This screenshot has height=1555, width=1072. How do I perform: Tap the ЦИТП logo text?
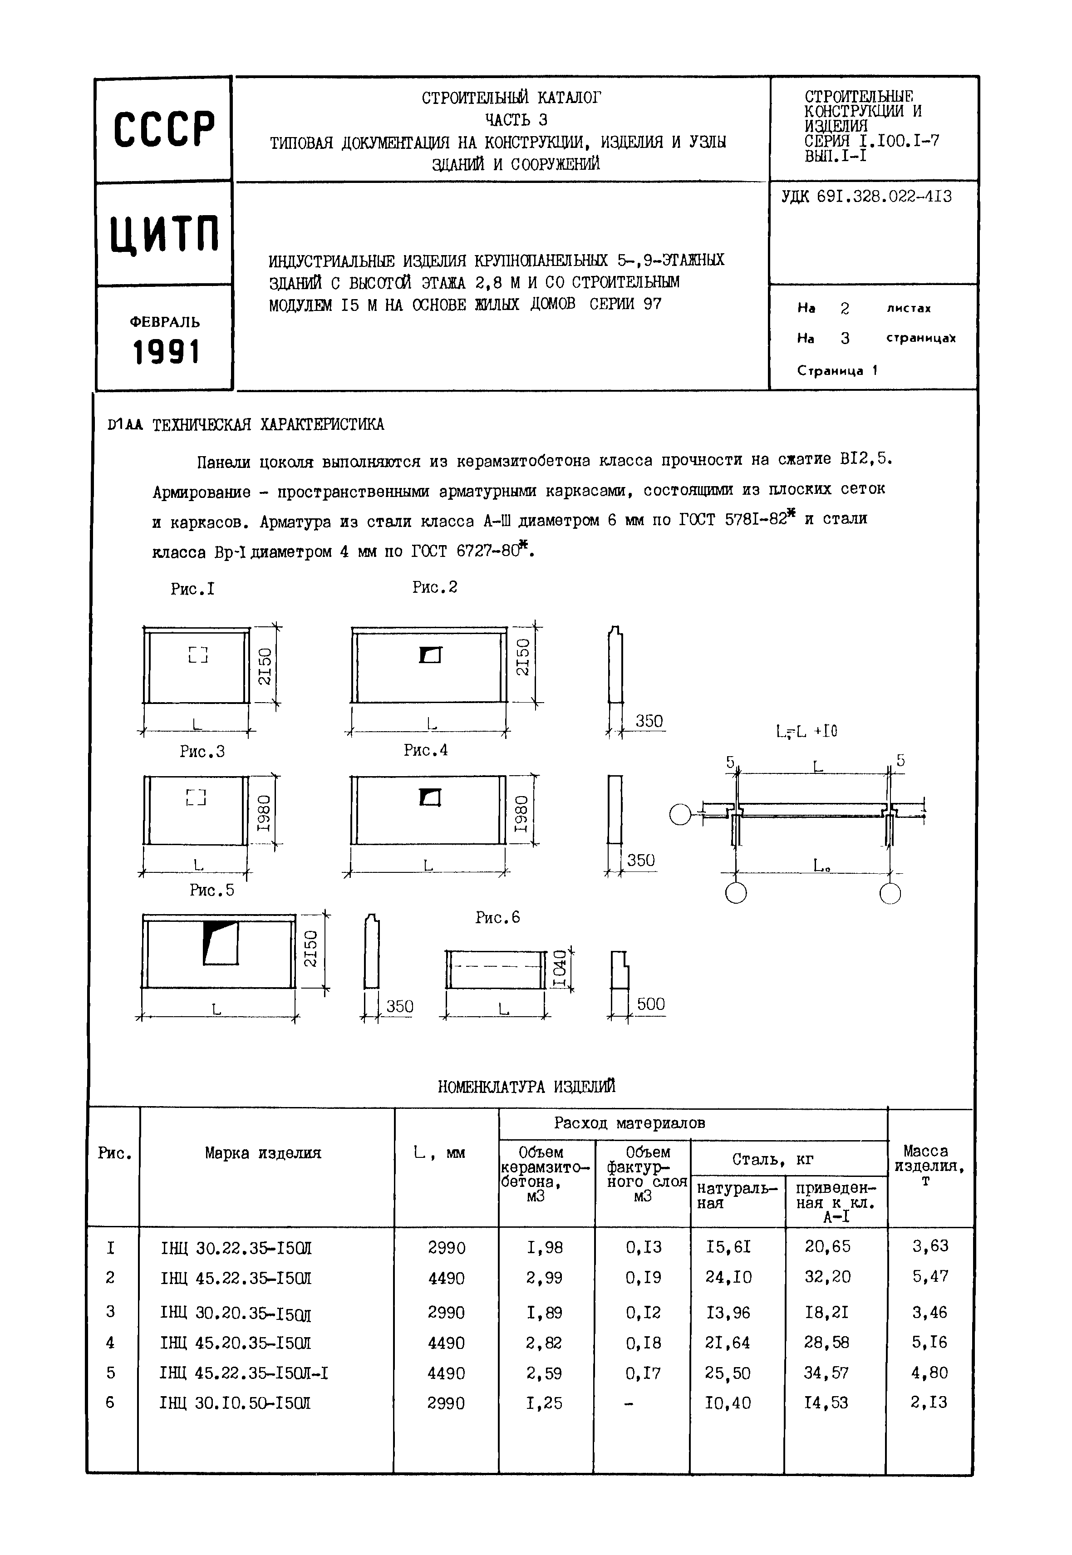(165, 234)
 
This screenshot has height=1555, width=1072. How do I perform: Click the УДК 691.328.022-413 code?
(866, 197)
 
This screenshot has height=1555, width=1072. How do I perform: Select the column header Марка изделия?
(263, 1153)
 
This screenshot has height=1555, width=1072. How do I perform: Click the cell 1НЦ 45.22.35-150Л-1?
(244, 1373)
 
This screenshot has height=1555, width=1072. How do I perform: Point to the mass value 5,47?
(929, 1276)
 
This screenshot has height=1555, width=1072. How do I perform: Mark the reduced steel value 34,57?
(826, 1373)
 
